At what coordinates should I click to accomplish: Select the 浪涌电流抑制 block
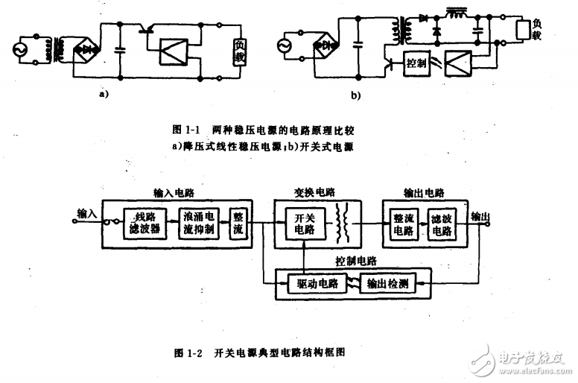199,221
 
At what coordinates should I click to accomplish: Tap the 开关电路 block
300,221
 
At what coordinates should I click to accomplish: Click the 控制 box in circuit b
416,64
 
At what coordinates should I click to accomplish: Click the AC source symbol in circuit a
21,51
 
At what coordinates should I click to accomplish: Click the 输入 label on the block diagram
87,213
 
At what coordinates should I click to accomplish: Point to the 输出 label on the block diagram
481,217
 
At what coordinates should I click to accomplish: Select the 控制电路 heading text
356,262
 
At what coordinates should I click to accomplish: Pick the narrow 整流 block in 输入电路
238,221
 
